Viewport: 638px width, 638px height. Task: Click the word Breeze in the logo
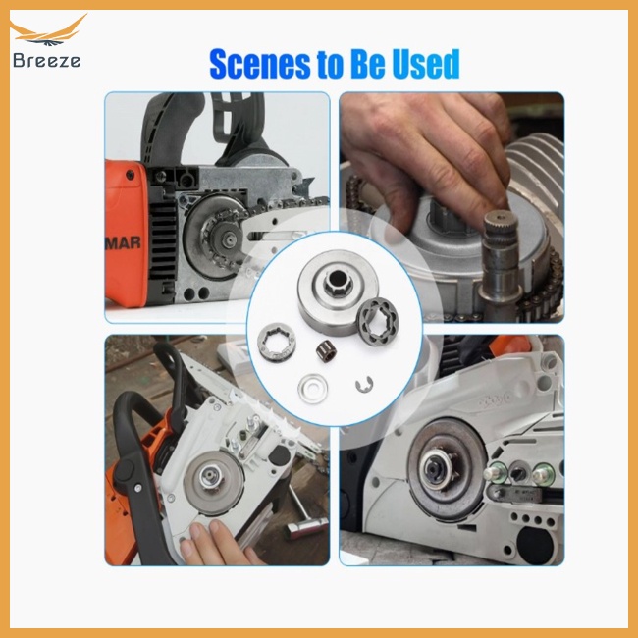[46, 60]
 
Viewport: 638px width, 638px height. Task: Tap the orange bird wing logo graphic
[48, 31]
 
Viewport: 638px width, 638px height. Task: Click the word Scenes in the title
[260, 64]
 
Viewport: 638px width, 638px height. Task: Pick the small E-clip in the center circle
[364, 385]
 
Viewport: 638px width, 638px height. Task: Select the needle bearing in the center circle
[326, 350]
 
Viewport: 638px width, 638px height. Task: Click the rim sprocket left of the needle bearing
[277, 341]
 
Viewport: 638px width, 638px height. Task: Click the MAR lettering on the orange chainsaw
[124, 242]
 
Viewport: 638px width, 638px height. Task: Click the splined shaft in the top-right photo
[502, 251]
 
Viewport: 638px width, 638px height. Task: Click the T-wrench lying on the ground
[305, 516]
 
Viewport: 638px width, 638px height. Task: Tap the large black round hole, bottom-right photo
[535, 545]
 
